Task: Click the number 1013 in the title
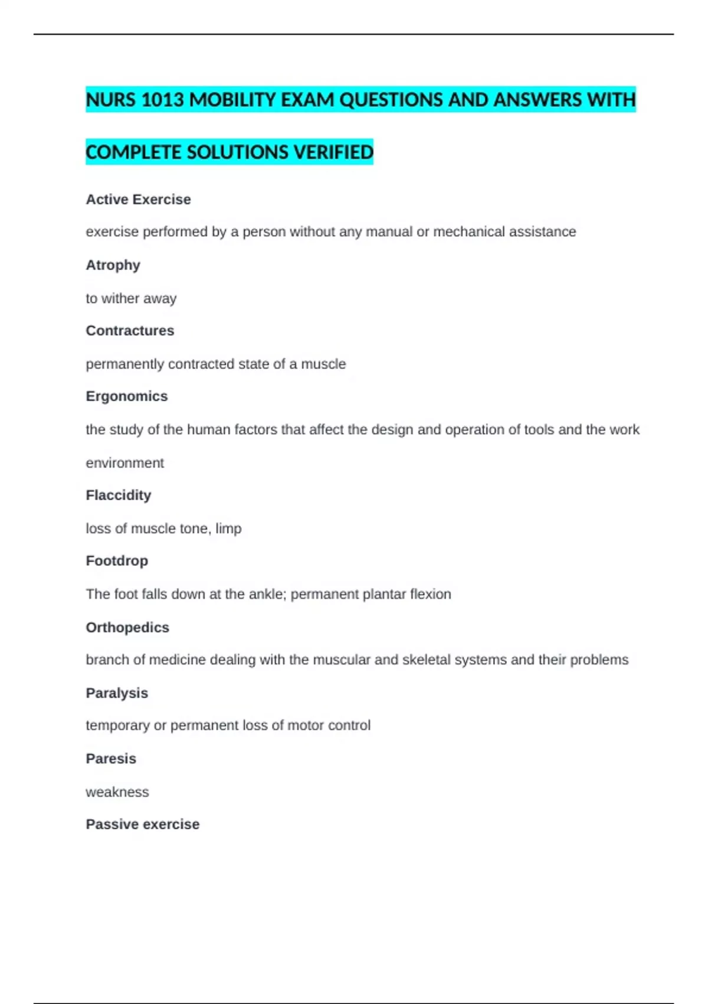coord(163,100)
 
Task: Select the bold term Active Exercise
coord(138,200)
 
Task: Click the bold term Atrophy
coord(113,265)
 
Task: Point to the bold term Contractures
coord(130,331)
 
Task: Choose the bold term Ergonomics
coord(126,396)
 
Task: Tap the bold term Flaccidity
coord(118,495)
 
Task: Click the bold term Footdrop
coord(117,560)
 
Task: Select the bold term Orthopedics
coord(127,627)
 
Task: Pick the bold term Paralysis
coord(117,693)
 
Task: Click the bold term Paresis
coord(111,758)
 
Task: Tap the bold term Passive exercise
coord(142,824)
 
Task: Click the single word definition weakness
coord(117,792)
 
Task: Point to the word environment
coord(124,463)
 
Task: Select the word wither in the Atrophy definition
coord(120,299)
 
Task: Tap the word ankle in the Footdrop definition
coord(267,594)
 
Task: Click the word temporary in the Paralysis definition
coord(117,725)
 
